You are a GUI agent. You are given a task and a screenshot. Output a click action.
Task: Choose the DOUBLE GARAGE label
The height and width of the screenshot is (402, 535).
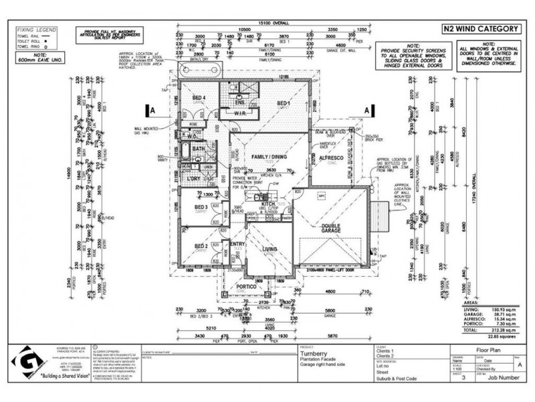pos(330,229)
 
